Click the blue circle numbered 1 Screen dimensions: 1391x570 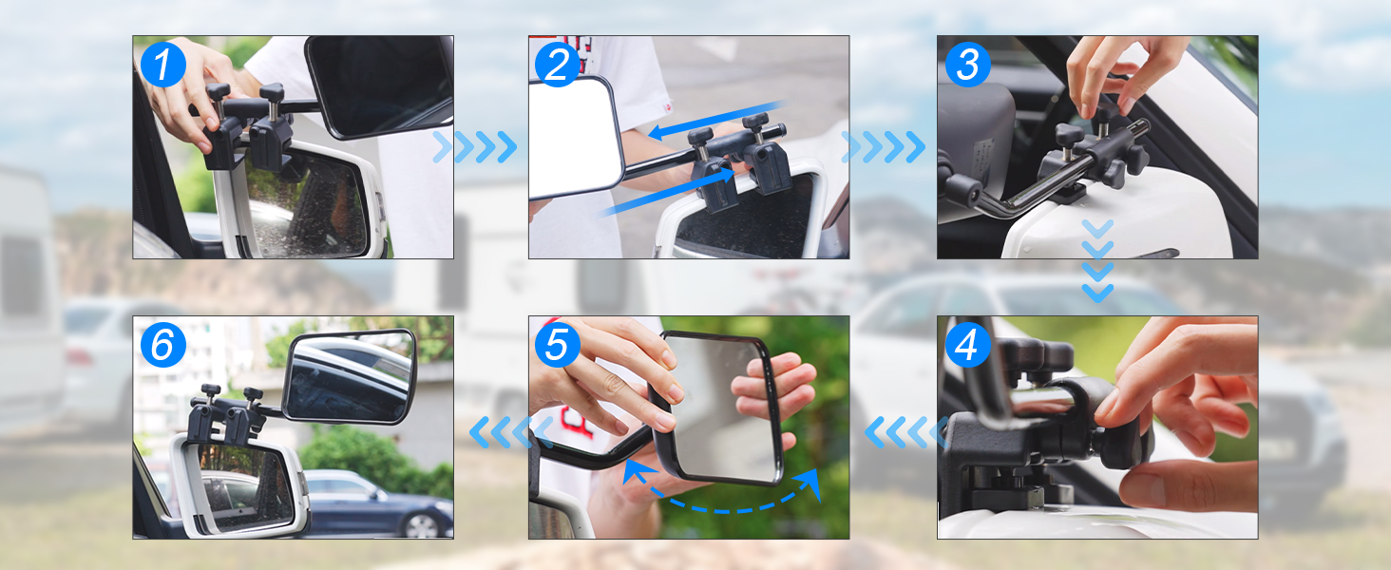point(163,65)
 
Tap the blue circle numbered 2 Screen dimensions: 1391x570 point(557,65)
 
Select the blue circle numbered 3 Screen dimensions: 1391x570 point(967,65)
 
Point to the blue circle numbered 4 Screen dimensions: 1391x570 point(967,345)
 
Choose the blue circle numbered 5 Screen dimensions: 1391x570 point(557,345)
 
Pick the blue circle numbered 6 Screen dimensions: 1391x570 point(163,345)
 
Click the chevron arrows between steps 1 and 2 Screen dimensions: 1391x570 point(476,147)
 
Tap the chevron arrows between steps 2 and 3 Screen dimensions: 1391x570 point(884,147)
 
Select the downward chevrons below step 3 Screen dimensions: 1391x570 point(1097,261)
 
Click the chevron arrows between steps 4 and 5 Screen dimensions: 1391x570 point(906,432)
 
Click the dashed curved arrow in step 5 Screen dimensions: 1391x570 point(720,510)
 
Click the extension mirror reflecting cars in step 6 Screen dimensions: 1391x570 point(349,377)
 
